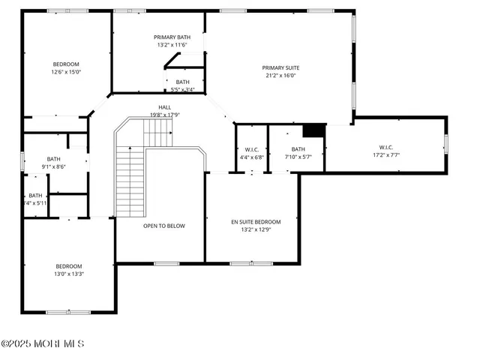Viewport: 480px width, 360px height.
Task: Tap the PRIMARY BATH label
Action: pos(172,37)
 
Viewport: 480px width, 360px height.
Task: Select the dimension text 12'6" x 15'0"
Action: pos(66,73)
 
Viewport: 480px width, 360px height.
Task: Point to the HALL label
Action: pos(164,107)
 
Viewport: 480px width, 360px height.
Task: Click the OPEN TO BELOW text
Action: pos(164,226)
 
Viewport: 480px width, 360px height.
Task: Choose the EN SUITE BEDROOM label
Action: pos(256,222)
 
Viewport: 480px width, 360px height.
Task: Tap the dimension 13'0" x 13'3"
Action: pos(68,274)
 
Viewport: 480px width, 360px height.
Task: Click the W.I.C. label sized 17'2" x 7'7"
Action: pos(386,147)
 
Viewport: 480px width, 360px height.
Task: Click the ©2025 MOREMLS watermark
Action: pos(43,344)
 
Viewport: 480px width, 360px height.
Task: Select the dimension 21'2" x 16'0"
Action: pos(281,75)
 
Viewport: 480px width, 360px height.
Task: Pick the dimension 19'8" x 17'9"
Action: pos(164,115)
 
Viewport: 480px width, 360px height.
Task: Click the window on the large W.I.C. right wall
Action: pos(445,143)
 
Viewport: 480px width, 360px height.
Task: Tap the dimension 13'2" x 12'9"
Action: pos(256,229)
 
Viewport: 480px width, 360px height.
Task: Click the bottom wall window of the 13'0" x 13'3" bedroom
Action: pos(68,311)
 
